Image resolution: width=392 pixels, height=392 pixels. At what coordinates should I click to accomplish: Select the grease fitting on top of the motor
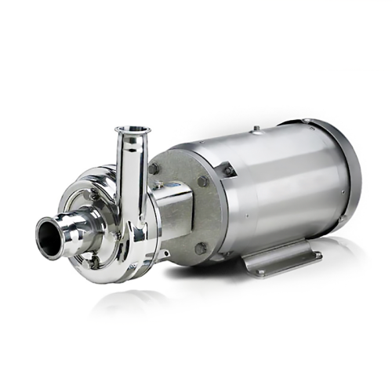pos(256,127)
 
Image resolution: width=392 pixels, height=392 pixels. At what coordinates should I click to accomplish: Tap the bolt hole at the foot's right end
pos(317,254)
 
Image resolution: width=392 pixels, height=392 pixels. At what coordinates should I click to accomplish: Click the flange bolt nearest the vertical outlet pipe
pos(154,169)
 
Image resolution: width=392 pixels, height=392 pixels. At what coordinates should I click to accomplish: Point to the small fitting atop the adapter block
pos(166,185)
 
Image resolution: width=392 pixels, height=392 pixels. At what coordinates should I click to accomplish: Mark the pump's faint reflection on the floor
pos(125,302)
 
